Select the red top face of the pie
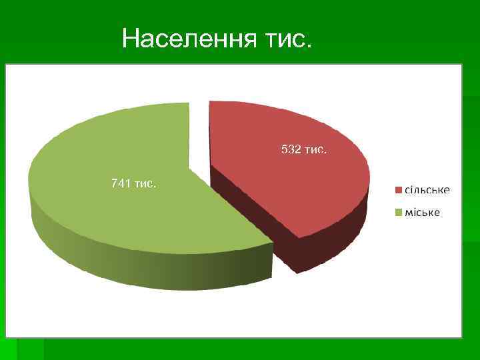[293, 180]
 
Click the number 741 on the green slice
[121, 183]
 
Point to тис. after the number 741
[145, 183]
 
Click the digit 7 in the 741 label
[115, 183]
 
